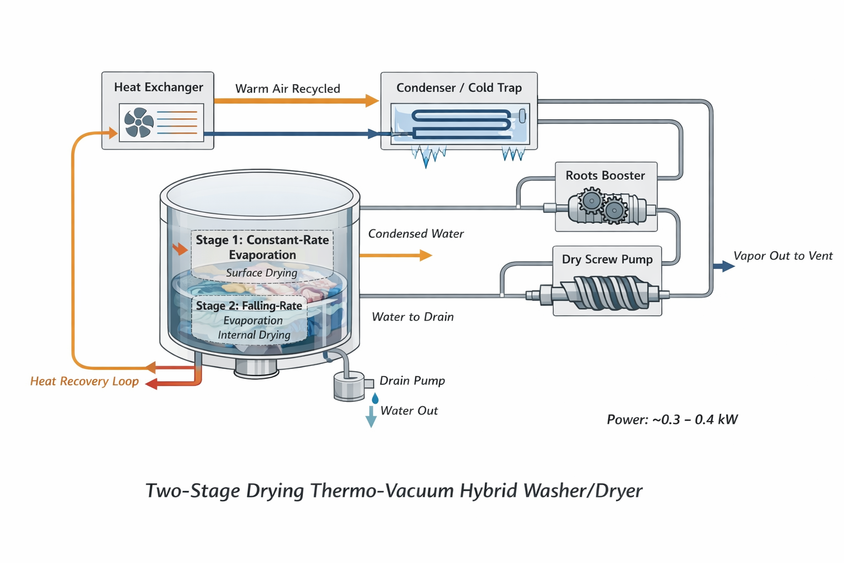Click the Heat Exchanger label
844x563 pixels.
pyautogui.click(x=158, y=87)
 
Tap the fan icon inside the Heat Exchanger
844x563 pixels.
pyautogui.click(x=138, y=122)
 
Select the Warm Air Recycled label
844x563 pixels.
pyautogui.click(x=287, y=89)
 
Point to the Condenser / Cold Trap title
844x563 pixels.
pyautogui.click(x=459, y=87)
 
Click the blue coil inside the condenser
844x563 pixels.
pyautogui.click(x=461, y=124)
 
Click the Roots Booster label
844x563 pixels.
pyautogui.click(x=605, y=175)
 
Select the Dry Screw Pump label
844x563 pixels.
pyautogui.click(x=607, y=259)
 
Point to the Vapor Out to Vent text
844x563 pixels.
pyautogui.click(x=782, y=256)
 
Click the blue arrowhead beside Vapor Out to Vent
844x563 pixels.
pyautogui.click(x=726, y=266)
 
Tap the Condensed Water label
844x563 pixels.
pyautogui.click(x=415, y=234)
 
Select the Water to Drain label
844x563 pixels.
pyautogui.click(x=413, y=317)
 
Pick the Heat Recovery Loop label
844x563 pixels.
pyautogui.click(x=84, y=381)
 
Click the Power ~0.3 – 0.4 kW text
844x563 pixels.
pyautogui.click(x=671, y=420)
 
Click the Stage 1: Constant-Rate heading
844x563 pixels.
pyautogui.click(x=262, y=240)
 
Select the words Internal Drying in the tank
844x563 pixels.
pyautogui.click(x=254, y=335)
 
